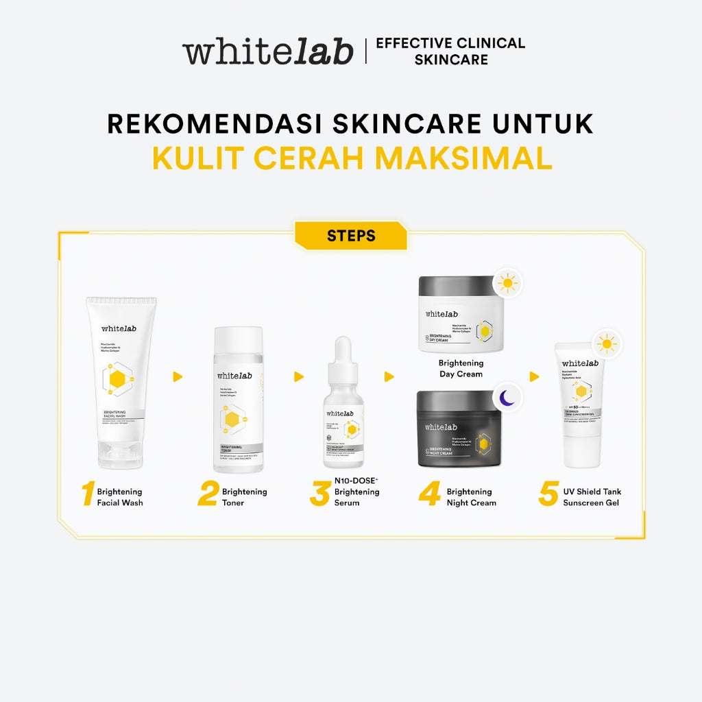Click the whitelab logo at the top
coord(267,52)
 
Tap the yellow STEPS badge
coord(351,236)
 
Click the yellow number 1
coord(87,495)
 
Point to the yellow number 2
coord(208,495)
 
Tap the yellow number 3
coord(319,495)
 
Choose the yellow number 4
coord(430,495)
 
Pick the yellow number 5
coord(548,495)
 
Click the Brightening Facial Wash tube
coord(121,370)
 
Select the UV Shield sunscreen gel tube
coord(580,404)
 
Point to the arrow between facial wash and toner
coord(178,376)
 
